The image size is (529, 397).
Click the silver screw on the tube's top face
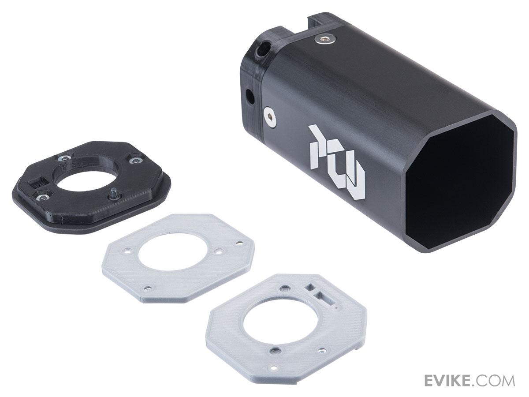point(325,39)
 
